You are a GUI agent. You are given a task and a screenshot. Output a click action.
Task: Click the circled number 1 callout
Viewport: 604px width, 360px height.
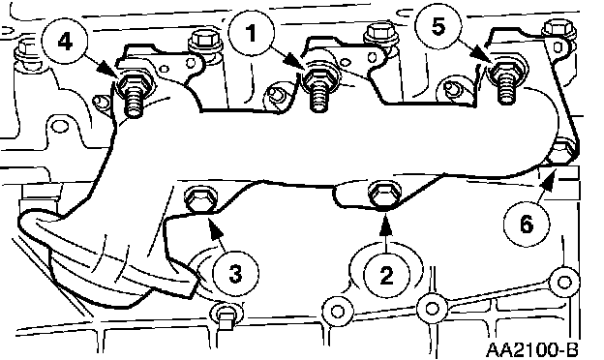(251, 34)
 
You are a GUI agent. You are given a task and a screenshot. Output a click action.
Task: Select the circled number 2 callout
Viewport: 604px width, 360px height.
(387, 275)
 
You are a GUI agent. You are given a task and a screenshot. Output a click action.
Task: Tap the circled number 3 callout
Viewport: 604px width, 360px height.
(235, 274)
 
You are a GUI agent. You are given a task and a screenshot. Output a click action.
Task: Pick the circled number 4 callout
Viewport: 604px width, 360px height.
(65, 42)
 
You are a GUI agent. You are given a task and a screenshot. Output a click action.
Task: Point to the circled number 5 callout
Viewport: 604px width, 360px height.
(438, 26)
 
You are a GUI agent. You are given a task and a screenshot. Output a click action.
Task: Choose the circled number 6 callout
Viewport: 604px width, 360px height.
(527, 225)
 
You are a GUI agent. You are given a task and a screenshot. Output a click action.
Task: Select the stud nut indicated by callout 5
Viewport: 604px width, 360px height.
(505, 71)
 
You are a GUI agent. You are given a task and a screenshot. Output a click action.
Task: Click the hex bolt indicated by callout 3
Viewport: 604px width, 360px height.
(200, 199)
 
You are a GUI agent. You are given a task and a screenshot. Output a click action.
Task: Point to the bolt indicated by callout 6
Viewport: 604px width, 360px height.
(562, 151)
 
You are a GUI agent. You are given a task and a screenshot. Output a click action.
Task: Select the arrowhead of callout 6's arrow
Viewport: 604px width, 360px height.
(548, 177)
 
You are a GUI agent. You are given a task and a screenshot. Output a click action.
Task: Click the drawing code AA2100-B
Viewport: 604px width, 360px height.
(532, 349)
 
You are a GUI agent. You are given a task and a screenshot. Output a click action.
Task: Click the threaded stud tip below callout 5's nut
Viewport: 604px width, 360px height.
(506, 92)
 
